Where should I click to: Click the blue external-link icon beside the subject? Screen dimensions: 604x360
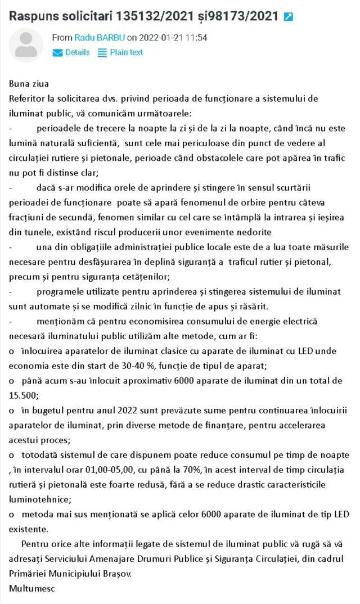click(x=288, y=17)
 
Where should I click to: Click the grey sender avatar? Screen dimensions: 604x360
click(x=26, y=45)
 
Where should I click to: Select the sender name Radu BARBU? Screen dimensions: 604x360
click(x=99, y=38)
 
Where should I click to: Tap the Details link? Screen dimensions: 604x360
click(x=77, y=52)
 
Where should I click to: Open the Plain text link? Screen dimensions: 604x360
click(x=126, y=52)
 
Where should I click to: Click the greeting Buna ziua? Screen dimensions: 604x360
click(x=29, y=84)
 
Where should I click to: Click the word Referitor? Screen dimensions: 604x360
click(x=28, y=98)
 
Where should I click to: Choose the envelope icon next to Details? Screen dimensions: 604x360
click(x=57, y=52)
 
